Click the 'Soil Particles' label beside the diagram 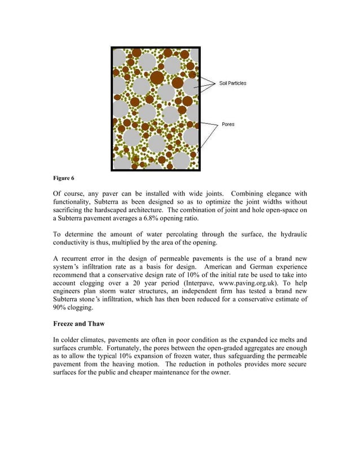pos(233,83)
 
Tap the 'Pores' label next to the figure pos(228,124)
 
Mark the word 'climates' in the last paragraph pos(98,340)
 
